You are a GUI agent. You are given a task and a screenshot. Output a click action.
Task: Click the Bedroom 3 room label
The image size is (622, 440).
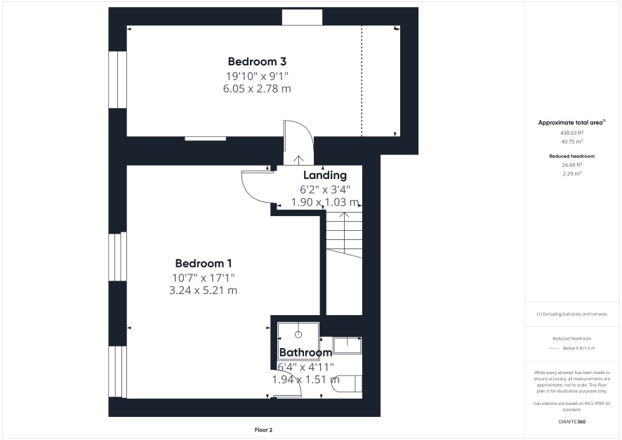[x=257, y=62]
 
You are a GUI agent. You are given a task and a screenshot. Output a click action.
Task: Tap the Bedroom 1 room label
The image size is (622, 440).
[x=204, y=263]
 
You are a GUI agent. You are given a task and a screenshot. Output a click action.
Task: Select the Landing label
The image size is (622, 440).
[x=325, y=175]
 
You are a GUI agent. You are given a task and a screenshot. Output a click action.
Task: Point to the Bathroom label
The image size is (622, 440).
[x=305, y=352]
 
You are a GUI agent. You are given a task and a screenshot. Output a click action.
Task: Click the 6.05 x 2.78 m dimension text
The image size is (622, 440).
[x=257, y=88]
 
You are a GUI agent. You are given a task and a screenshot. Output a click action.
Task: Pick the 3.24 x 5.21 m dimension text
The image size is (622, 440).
[x=203, y=290]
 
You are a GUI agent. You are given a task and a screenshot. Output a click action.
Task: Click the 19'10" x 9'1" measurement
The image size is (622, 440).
[x=257, y=75]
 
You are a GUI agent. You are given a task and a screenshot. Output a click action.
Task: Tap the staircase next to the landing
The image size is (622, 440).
[x=344, y=234]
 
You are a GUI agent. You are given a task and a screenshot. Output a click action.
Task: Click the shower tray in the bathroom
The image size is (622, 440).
[x=298, y=341]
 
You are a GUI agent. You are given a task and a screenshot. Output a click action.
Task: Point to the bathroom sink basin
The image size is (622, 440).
[x=348, y=345]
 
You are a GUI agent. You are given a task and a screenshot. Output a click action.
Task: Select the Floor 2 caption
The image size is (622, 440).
[x=263, y=429]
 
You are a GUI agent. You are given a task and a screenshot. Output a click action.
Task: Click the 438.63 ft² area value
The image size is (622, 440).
[x=571, y=133]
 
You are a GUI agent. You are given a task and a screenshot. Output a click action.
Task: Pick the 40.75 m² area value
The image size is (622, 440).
[x=571, y=142]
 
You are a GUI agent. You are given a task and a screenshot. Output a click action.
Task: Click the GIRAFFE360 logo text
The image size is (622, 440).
[x=571, y=421]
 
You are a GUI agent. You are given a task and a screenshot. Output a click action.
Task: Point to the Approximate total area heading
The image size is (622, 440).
[x=571, y=123]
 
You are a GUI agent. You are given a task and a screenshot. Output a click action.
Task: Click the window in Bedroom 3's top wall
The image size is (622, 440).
[x=303, y=18]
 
